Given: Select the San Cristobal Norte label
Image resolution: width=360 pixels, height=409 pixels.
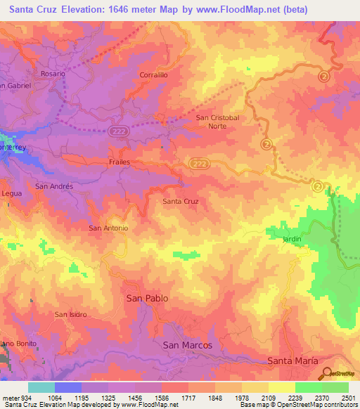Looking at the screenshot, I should click(217, 122).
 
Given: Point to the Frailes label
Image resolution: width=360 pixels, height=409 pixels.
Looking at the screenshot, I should click(120, 161).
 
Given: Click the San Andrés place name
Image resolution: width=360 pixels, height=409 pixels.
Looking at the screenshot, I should click(55, 186).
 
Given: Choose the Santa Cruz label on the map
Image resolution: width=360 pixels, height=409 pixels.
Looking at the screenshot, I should click(181, 202).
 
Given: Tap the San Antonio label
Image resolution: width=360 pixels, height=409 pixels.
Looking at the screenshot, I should click(108, 228).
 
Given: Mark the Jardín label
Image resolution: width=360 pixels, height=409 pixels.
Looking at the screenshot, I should click(292, 239).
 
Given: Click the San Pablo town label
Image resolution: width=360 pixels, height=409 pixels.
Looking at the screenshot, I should click(147, 298).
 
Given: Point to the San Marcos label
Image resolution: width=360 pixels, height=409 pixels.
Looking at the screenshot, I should click(188, 345).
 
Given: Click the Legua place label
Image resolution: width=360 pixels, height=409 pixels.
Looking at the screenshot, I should click(13, 193).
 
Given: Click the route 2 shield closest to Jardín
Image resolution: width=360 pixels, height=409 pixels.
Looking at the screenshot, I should click(318, 186).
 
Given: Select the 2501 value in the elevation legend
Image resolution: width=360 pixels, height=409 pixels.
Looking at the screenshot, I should click(345, 398).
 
